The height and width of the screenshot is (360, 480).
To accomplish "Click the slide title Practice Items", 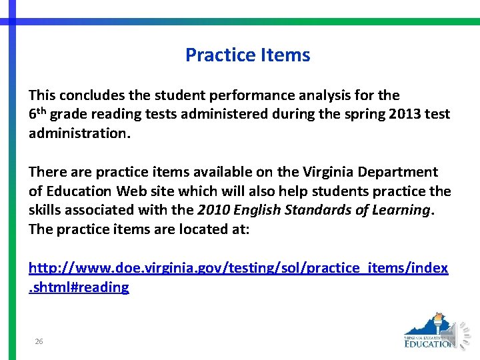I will coord(247,55).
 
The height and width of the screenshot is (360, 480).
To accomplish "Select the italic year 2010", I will coord(213,210).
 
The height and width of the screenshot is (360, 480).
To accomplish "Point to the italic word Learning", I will coord(401,210).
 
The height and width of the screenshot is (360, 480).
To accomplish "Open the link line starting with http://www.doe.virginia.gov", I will coord(238,268).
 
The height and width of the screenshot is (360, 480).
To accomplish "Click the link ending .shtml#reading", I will coord(79,287).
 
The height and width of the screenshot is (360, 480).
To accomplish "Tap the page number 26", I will coord(39,341).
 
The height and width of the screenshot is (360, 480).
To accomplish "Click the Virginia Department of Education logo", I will coord(429,331).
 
